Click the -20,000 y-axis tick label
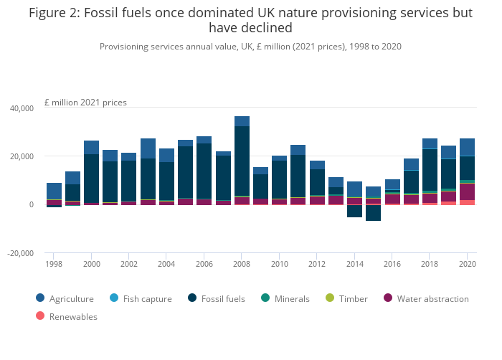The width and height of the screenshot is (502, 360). pyautogui.click(x=21, y=253)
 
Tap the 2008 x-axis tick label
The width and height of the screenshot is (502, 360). pyautogui.click(x=242, y=264)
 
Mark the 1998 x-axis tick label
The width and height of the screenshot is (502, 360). pyautogui.click(x=54, y=264)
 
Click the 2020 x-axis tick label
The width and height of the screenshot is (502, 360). pyautogui.click(x=467, y=264)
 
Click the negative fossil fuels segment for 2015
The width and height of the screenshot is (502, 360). pyautogui.click(x=373, y=213)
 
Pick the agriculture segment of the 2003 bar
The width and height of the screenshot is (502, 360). pyautogui.click(x=148, y=148)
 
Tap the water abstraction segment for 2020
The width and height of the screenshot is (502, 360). pyautogui.click(x=467, y=191)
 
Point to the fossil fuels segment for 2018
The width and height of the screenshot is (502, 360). pyautogui.click(x=430, y=169)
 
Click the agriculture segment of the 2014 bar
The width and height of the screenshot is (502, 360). pyautogui.click(x=354, y=189)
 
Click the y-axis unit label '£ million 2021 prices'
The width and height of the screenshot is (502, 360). pyautogui.click(x=85, y=103)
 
